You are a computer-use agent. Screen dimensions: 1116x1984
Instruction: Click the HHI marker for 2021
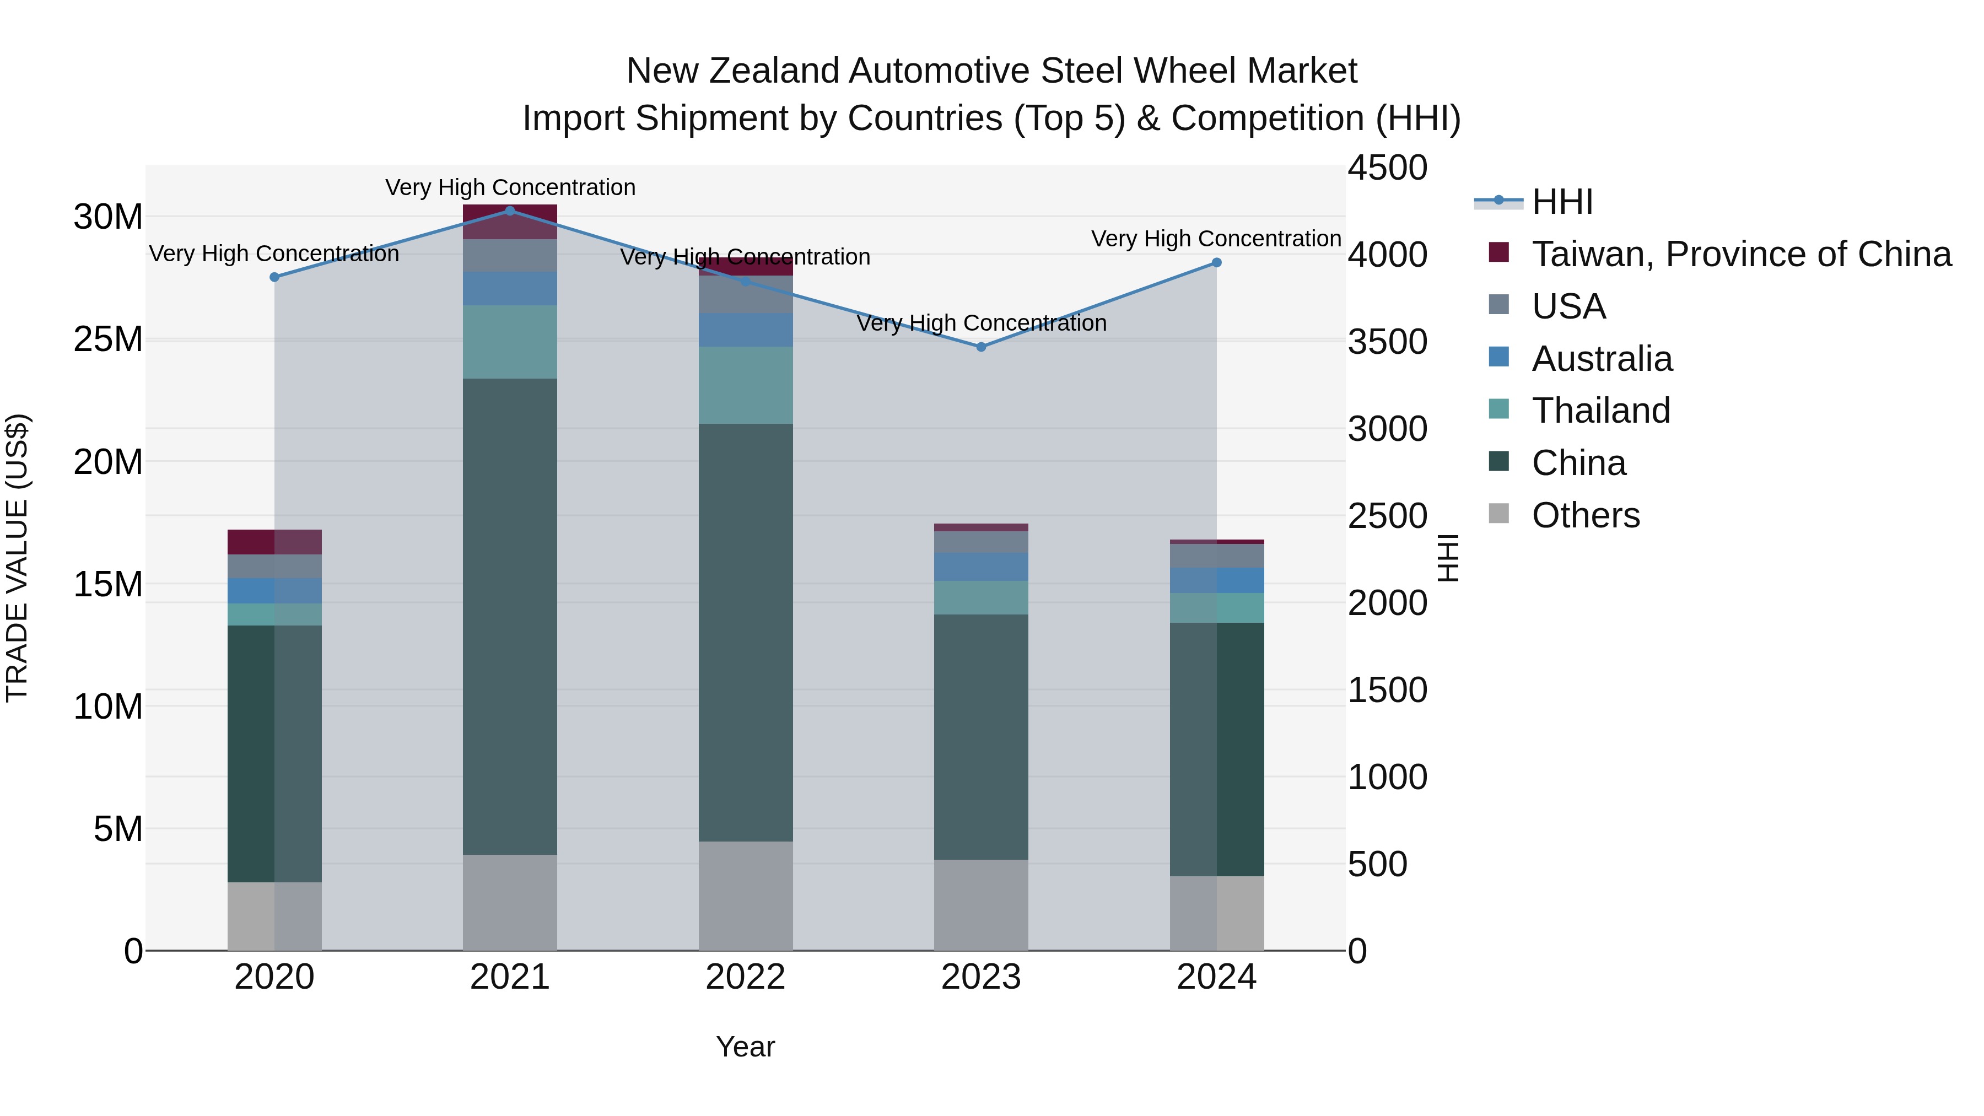click(510, 211)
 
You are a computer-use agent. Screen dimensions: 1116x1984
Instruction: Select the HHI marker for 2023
click(980, 347)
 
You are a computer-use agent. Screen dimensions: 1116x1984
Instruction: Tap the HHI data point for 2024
click(1216, 263)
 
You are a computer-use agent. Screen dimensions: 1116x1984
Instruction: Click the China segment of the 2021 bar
click(510, 616)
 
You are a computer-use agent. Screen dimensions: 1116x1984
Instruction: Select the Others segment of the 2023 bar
click(980, 905)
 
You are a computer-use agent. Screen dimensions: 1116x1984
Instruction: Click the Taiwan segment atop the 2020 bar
click(274, 542)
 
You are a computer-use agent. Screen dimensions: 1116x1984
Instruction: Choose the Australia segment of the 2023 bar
click(980, 567)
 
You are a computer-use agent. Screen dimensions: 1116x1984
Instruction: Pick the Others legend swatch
click(1499, 514)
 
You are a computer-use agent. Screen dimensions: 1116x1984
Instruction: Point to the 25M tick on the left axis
click(109, 339)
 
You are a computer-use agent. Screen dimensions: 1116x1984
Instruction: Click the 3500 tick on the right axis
click(1387, 342)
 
